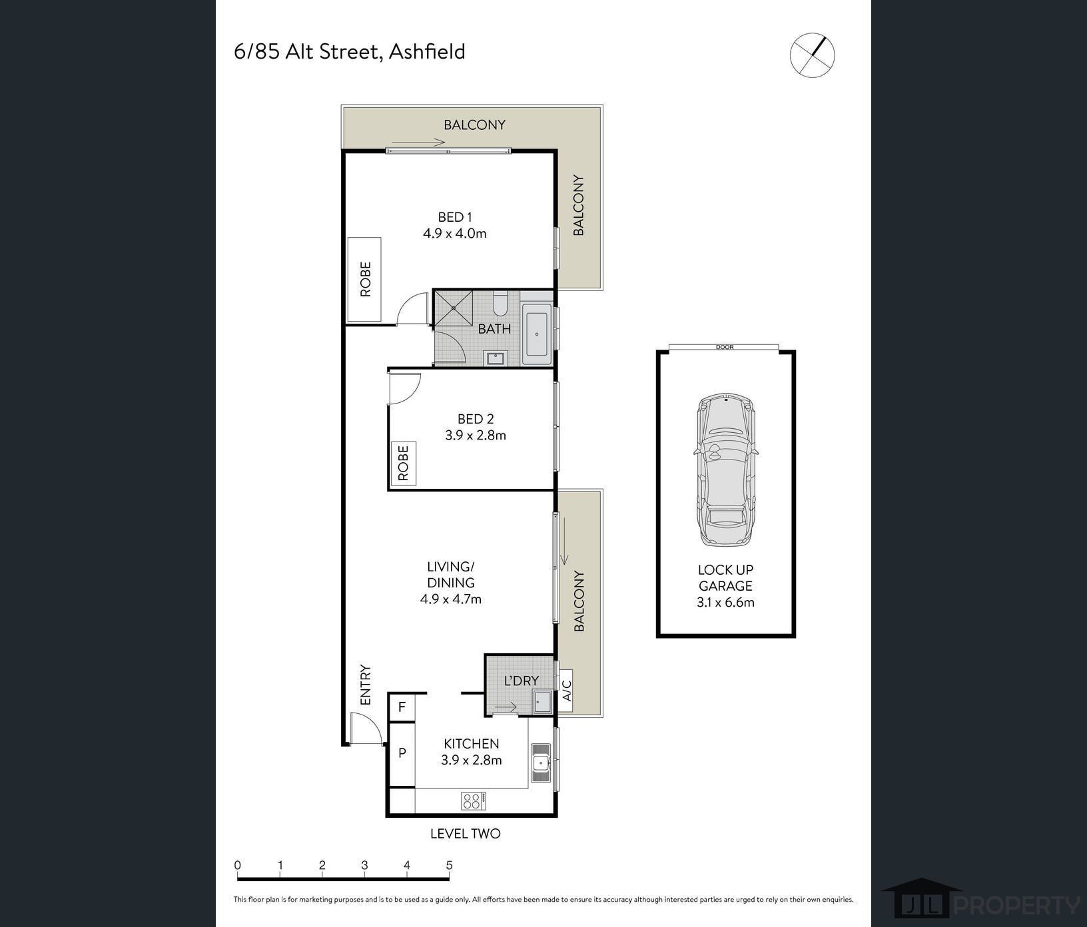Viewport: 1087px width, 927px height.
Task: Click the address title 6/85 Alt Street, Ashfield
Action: coord(349,52)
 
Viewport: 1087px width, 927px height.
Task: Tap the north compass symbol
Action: coord(812,55)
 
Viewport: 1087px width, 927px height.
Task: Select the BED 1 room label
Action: coord(455,217)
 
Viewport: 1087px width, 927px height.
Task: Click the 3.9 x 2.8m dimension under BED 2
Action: coord(476,436)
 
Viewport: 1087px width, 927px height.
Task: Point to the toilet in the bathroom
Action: coord(500,304)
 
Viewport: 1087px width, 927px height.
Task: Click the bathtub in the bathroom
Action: coord(537,334)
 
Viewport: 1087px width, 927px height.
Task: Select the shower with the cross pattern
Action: coord(454,308)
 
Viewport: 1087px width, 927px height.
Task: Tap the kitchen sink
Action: coord(540,763)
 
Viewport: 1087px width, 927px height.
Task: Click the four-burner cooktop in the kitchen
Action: coord(473,800)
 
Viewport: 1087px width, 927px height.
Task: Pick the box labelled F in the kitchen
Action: coord(402,707)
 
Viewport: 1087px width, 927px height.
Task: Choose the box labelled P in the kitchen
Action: coord(402,753)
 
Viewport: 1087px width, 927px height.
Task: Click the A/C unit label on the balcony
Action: coord(567,691)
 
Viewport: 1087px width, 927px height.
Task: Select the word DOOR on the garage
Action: coord(724,347)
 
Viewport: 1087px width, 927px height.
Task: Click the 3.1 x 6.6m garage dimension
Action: coord(725,603)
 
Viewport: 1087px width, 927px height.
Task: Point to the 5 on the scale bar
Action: coord(450,866)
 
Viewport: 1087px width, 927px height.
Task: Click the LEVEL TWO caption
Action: coord(465,834)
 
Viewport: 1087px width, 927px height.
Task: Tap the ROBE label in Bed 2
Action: coord(403,463)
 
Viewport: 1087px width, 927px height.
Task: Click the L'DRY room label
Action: coord(521,681)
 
